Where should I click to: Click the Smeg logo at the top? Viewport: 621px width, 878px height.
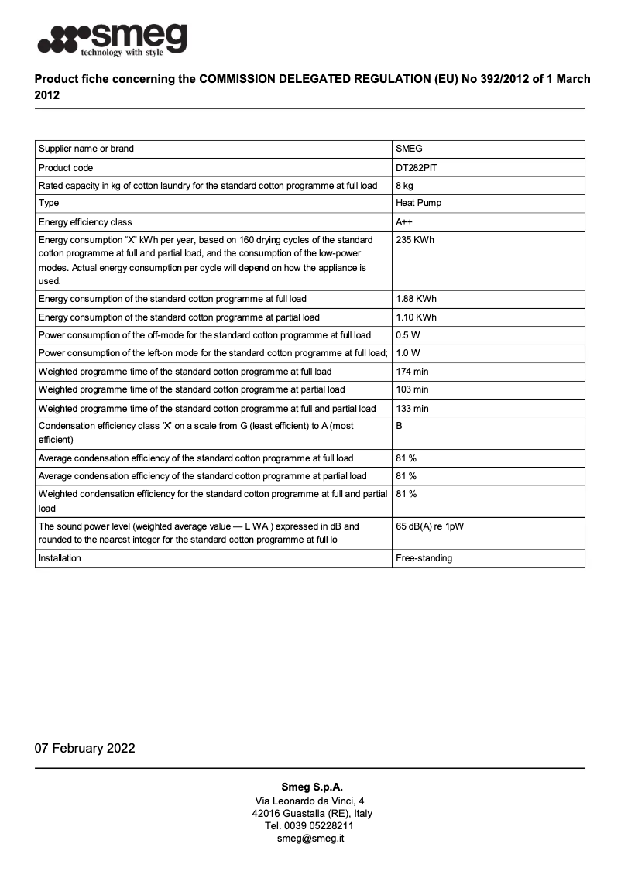point(113,39)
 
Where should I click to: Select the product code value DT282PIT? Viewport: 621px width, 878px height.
point(417,167)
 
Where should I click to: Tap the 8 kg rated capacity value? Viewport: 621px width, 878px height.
point(404,186)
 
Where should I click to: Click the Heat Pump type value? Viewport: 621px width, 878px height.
point(418,204)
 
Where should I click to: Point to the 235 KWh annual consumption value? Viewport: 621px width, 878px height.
point(415,240)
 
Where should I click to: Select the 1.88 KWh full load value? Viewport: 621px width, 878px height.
point(417,299)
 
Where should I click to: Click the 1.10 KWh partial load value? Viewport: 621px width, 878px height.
point(417,317)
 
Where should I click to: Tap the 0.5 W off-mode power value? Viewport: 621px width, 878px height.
point(408,335)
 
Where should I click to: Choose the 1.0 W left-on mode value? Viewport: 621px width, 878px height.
point(407,354)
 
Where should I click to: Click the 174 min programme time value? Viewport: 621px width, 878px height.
point(412,372)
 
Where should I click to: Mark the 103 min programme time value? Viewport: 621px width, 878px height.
point(412,389)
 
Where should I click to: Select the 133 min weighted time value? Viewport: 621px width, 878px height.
point(412,409)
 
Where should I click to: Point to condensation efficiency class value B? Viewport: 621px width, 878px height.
point(399,426)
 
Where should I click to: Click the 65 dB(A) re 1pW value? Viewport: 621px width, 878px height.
point(430,526)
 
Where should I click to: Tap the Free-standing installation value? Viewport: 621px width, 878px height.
point(424,558)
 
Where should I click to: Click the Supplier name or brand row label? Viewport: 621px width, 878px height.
point(86,149)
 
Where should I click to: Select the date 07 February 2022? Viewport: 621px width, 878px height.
point(84,748)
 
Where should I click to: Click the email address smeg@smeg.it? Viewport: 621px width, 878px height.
point(310,839)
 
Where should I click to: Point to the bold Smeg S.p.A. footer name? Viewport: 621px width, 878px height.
point(311,787)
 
